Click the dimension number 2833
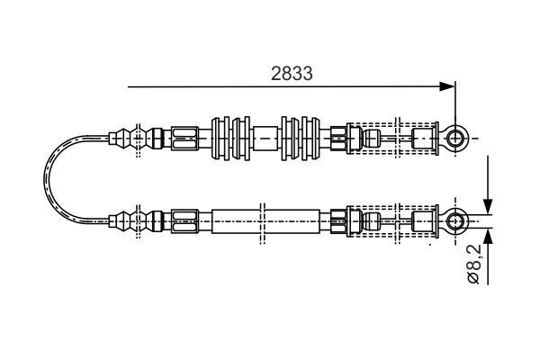[x=292, y=76]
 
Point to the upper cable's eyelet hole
[x=457, y=138]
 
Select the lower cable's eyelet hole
[x=457, y=219]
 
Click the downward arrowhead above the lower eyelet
[x=487, y=202]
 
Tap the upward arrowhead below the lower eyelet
[x=487, y=236]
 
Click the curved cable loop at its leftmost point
[x=47, y=178]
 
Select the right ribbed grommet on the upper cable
[x=299, y=139]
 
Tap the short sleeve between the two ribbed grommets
[x=265, y=139]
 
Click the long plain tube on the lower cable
[x=266, y=219]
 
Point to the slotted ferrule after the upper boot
[x=184, y=139]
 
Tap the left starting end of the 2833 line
[x=128, y=87]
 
